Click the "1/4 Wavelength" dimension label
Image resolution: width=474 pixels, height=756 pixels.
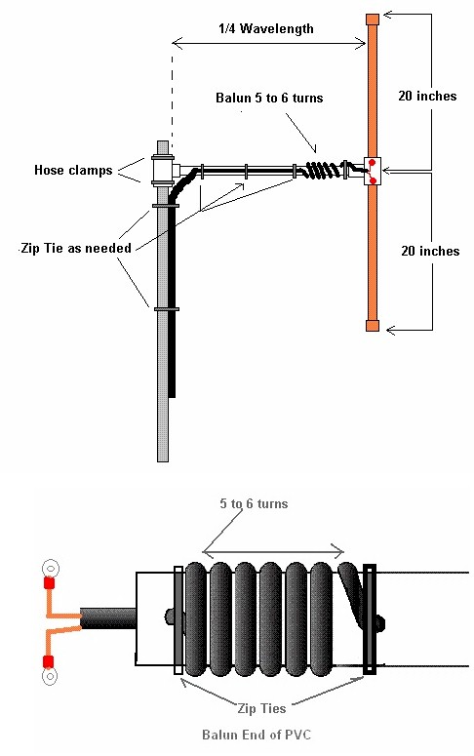[x=265, y=29]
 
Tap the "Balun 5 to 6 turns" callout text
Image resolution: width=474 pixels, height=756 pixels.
[x=269, y=98]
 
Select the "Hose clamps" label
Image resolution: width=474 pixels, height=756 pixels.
[x=73, y=170]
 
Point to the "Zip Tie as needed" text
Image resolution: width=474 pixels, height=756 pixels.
[x=76, y=248]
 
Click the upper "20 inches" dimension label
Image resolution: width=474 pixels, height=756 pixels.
[x=427, y=96]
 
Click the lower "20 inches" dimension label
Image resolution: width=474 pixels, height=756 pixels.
[x=430, y=251]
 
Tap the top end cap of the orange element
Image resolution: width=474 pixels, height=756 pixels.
[x=373, y=20]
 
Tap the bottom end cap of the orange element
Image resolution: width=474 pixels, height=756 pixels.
[x=373, y=326]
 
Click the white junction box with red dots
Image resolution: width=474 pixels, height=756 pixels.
[x=373, y=171]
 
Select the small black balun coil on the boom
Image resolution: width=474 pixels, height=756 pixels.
[x=323, y=169]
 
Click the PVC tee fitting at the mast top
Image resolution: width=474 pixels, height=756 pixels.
[x=164, y=170]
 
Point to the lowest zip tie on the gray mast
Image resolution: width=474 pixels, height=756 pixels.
[x=167, y=309]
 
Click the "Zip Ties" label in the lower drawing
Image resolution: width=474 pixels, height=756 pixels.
[x=261, y=708]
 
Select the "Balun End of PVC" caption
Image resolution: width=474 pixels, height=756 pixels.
[x=257, y=735]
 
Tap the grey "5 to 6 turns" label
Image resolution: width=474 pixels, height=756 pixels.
[x=255, y=504]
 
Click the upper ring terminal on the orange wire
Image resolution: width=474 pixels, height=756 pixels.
[x=50, y=568]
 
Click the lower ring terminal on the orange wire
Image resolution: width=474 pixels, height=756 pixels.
[x=50, y=676]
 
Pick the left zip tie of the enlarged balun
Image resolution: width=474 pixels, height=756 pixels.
[x=178, y=620]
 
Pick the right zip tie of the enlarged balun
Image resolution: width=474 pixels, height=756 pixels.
[x=370, y=619]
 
